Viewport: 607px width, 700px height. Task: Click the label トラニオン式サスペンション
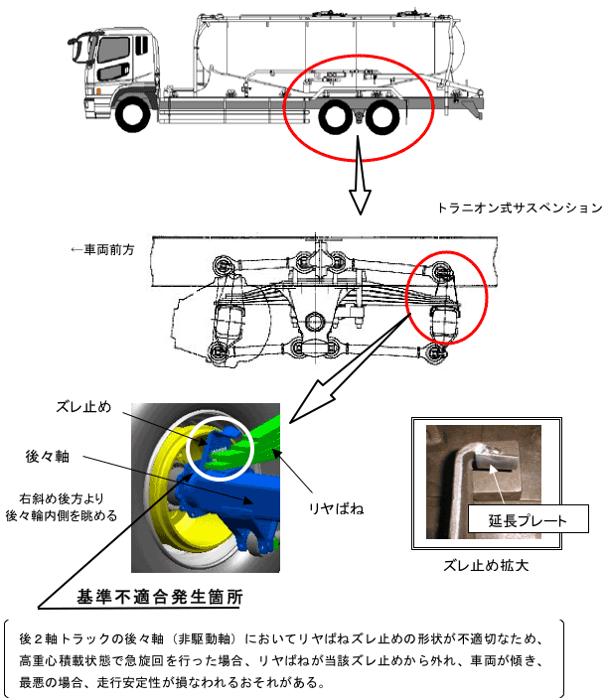coord(519,209)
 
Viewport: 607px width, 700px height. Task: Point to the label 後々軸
coord(48,455)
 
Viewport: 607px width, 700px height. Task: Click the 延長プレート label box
coord(528,519)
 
